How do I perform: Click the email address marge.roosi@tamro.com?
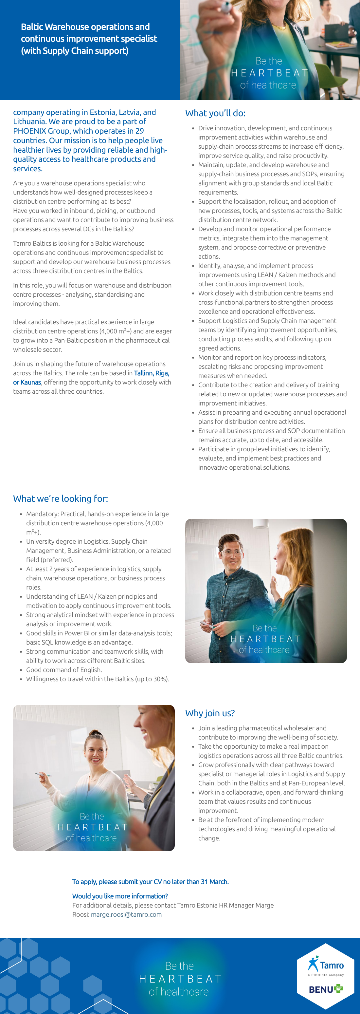click(126, 914)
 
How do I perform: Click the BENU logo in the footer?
click(325, 989)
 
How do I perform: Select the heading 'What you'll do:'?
click(215, 113)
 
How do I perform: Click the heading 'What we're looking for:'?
click(61, 499)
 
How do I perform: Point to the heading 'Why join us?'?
click(210, 713)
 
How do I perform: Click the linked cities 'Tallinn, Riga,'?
click(152, 373)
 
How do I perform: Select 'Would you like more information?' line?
click(120, 896)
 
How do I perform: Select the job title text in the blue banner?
click(89, 39)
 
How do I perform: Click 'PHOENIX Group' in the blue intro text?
click(39, 131)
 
